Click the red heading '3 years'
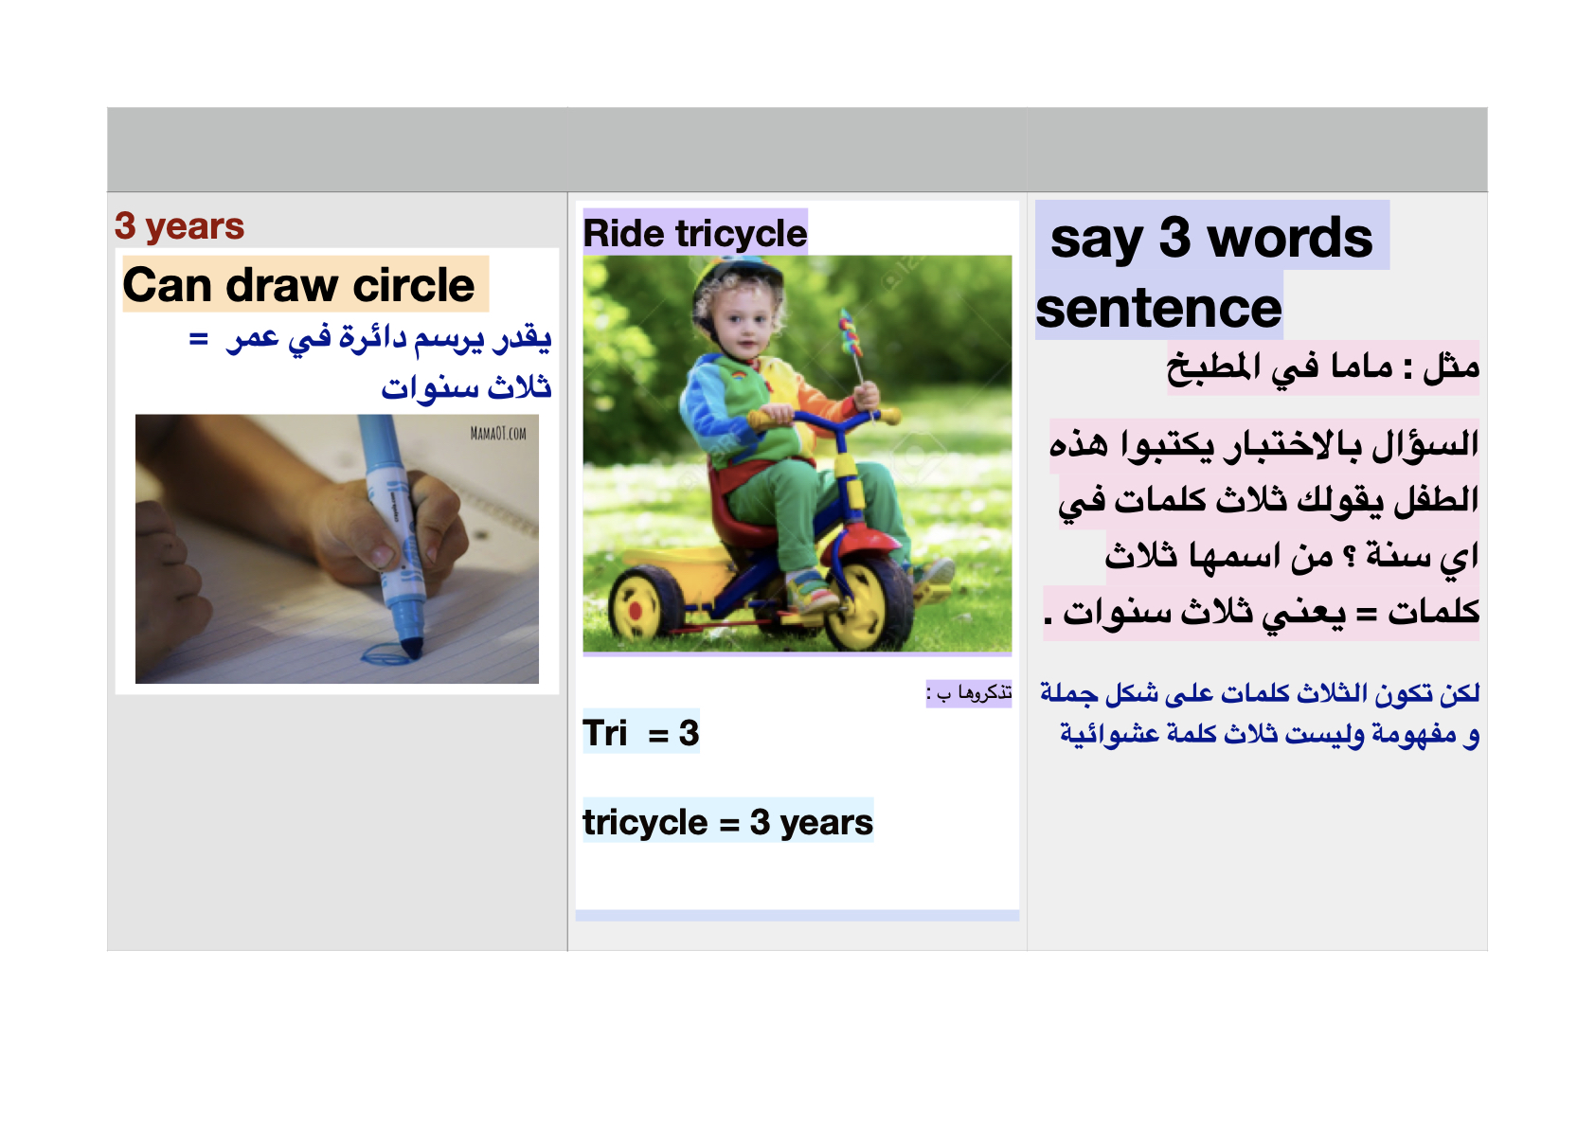(x=179, y=226)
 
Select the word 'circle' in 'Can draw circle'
(x=414, y=285)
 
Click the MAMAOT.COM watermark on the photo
(x=497, y=433)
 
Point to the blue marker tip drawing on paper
(x=412, y=649)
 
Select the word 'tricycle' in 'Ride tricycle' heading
(x=742, y=234)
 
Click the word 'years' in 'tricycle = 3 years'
(x=826, y=822)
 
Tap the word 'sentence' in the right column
(x=1158, y=309)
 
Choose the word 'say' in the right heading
(x=1097, y=241)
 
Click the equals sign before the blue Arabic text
(x=199, y=339)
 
